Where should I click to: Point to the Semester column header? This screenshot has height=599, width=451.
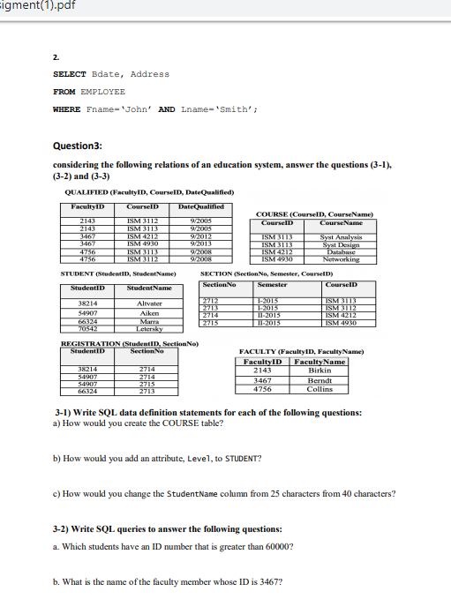click(x=274, y=285)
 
